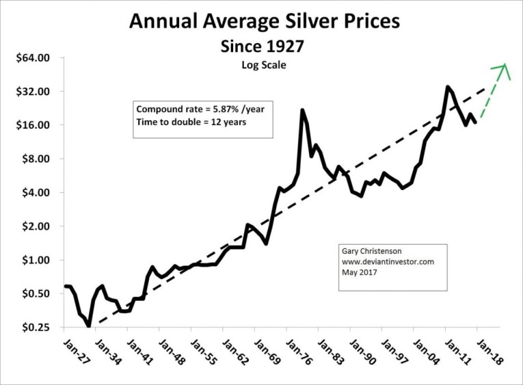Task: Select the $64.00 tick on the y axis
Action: (x=33, y=58)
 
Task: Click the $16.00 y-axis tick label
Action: (x=33, y=125)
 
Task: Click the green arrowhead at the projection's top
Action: (x=505, y=66)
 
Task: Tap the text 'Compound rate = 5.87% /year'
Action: (x=196, y=109)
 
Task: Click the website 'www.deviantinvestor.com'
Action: (x=388, y=261)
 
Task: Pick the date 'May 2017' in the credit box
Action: (x=357, y=271)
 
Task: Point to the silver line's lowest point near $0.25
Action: (x=89, y=326)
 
